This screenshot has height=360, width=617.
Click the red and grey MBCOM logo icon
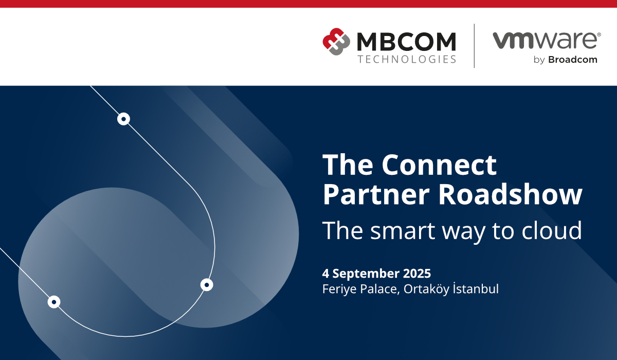(x=336, y=42)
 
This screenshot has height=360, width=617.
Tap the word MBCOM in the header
(x=406, y=42)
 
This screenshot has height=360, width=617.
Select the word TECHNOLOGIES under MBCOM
(x=407, y=59)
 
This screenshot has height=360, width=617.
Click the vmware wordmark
(x=545, y=41)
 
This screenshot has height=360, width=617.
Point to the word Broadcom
(x=573, y=60)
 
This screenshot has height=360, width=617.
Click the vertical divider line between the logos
(x=474, y=46)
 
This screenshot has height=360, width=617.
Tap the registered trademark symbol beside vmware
(x=599, y=34)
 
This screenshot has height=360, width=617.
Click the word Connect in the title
(x=439, y=165)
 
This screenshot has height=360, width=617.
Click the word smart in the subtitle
(x=403, y=230)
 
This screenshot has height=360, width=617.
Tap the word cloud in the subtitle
(x=551, y=230)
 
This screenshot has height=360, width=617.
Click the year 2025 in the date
(x=417, y=273)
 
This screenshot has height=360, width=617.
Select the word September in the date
(x=366, y=274)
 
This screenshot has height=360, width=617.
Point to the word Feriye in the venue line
(x=340, y=289)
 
